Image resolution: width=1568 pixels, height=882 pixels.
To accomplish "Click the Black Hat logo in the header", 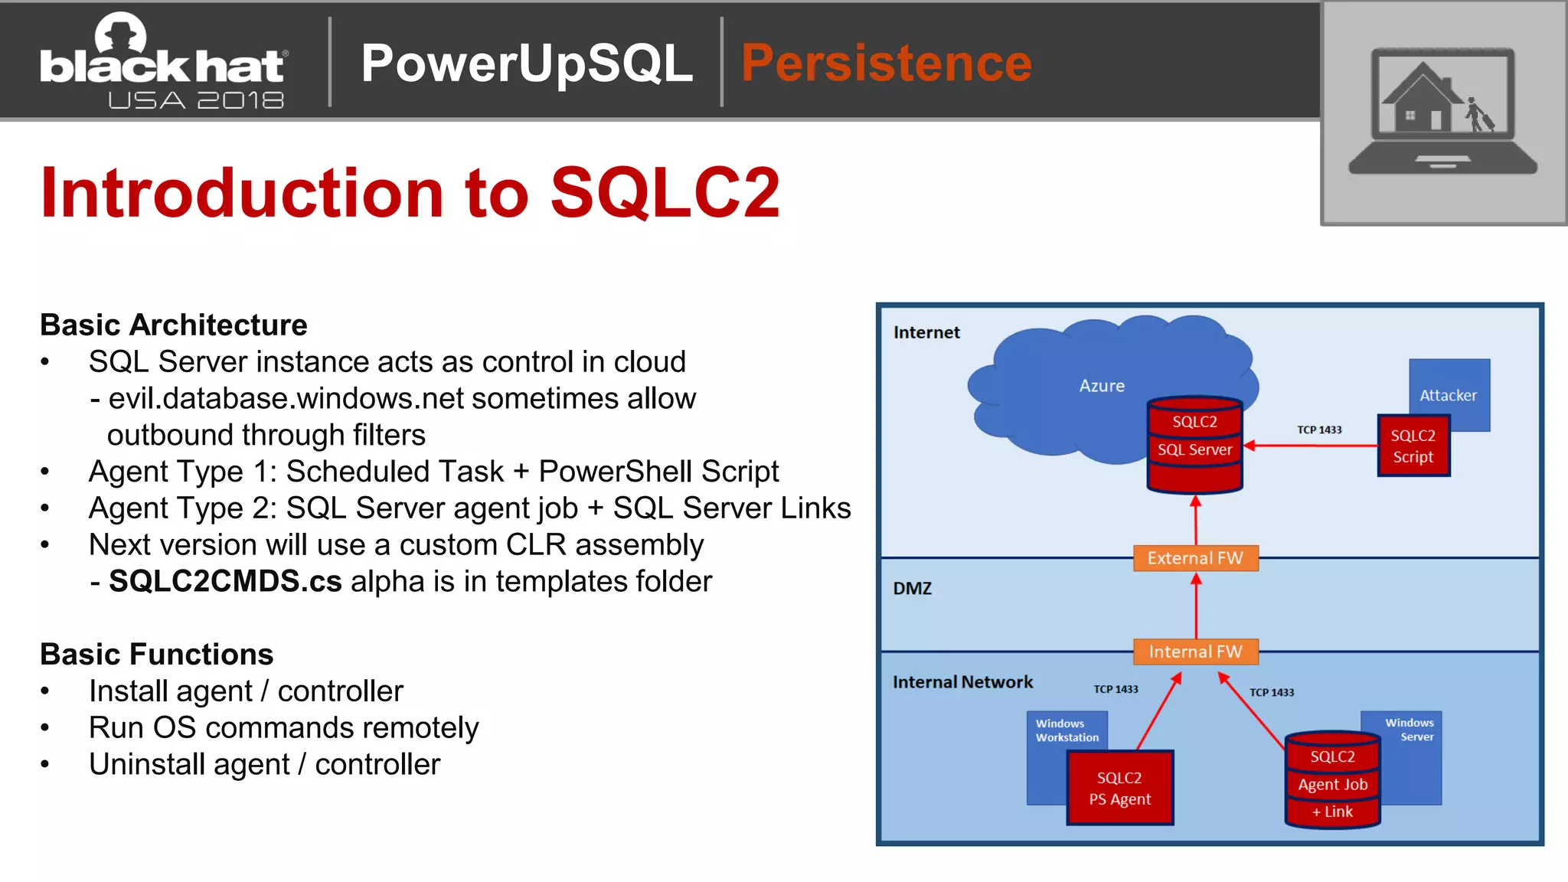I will coord(162,61).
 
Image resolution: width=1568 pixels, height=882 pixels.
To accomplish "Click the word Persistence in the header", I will coord(886,63).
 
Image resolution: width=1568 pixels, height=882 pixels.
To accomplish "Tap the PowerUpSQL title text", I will coord(527,63).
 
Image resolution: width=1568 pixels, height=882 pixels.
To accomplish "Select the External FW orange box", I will coord(1195,558).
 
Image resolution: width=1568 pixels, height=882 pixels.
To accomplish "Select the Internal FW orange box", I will coord(1195,652).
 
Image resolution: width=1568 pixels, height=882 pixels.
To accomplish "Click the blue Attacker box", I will coord(1449,386).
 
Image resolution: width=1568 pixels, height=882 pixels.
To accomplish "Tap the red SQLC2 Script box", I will coord(1413,446).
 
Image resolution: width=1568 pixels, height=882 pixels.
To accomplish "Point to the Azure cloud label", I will coord(1102,386).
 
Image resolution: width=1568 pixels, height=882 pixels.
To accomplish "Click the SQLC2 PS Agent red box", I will coord(1119,788).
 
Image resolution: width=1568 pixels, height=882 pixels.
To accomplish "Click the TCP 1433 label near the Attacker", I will coord(1319,430).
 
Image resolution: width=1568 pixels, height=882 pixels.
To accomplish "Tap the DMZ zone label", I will coord(913,589).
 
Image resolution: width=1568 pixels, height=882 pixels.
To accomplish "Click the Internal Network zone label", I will coord(962,682).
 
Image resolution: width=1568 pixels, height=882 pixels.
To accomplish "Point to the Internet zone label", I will coord(926,332).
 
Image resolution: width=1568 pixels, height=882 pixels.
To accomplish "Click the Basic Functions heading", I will coord(157,655).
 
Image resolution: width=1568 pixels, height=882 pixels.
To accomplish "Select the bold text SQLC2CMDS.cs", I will coord(225,582).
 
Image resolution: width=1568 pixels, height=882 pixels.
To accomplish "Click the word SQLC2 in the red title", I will coord(665,193).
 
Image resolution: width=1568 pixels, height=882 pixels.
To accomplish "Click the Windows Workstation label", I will coord(1067,730).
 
